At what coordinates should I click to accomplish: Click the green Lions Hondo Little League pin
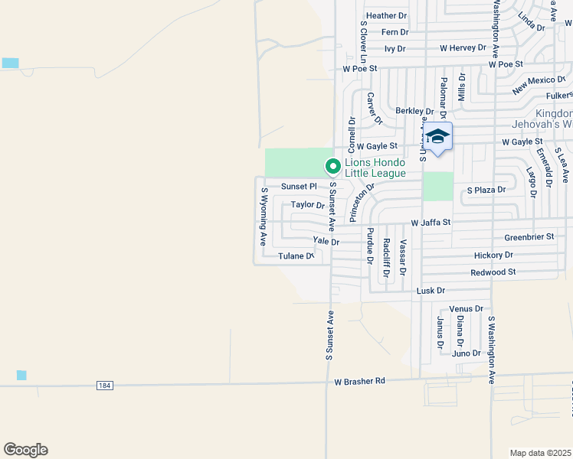pos(332,165)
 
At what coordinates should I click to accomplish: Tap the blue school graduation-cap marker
pos(437,137)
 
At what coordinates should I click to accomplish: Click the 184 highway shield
pos(105,386)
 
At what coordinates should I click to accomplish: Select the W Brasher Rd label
pos(360,380)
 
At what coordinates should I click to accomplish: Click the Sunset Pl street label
pos(299,187)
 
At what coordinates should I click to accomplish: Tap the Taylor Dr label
pos(308,205)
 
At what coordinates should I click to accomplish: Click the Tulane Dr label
pos(296,256)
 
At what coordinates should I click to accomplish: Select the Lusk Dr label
pos(431,291)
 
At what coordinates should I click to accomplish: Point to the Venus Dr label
pos(467,309)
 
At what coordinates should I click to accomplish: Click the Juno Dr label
pos(467,353)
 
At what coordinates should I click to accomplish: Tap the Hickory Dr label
pos(493,255)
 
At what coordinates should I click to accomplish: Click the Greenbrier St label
pos(529,237)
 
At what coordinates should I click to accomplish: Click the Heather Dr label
pos(387,15)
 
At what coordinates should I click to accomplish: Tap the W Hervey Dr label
pos(463,47)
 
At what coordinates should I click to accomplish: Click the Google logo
pos(25,450)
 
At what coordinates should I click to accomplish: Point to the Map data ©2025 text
pos(541,453)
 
